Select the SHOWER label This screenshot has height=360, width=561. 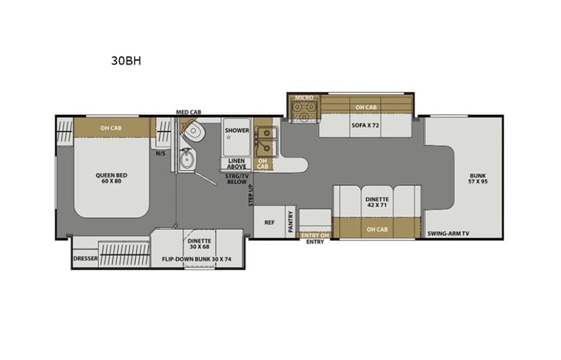(236, 130)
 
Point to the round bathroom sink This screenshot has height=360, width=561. (186, 160)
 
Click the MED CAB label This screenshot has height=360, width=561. (188, 112)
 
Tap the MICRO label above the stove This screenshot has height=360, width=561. (303, 98)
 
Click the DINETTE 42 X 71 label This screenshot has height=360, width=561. (376, 202)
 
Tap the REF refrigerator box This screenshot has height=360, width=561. (269, 223)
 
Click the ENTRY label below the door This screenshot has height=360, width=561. (315, 242)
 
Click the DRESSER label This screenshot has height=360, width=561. (85, 259)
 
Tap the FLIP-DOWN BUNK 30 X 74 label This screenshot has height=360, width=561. (197, 259)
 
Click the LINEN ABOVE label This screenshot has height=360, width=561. (236, 163)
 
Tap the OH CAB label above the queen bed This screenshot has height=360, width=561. (111, 127)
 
